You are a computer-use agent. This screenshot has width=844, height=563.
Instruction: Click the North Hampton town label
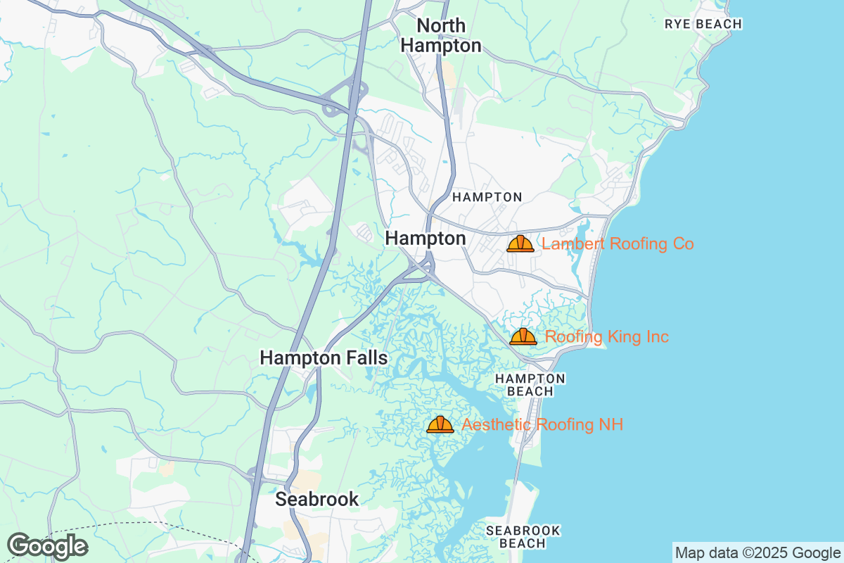(441, 36)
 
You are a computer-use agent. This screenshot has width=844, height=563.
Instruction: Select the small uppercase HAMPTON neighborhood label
(487, 197)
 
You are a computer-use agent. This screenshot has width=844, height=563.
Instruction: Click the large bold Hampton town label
(425, 239)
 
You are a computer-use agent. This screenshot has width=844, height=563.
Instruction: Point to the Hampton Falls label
(324, 358)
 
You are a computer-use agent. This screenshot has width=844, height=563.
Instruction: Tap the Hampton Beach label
(530, 385)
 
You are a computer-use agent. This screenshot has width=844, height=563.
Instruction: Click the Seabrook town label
(316, 499)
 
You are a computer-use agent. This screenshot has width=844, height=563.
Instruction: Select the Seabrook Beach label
(523, 536)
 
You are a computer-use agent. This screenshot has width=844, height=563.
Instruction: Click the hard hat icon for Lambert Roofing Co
(520, 243)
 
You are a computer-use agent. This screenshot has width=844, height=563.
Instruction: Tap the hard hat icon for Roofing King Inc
(523, 336)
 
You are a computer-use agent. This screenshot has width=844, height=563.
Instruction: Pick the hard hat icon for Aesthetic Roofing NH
(440, 424)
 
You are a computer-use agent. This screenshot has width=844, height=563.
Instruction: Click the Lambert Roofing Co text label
(618, 244)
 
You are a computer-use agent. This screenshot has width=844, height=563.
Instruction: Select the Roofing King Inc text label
(607, 337)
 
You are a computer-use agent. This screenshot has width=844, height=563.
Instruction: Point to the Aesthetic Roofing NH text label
(542, 424)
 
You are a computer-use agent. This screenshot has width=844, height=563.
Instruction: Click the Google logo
(47, 546)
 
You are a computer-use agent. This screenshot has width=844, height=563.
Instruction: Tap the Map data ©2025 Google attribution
(757, 552)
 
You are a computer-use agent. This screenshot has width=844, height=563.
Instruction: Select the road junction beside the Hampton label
(422, 267)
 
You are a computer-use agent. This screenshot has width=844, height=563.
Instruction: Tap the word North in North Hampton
(441, 25)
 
